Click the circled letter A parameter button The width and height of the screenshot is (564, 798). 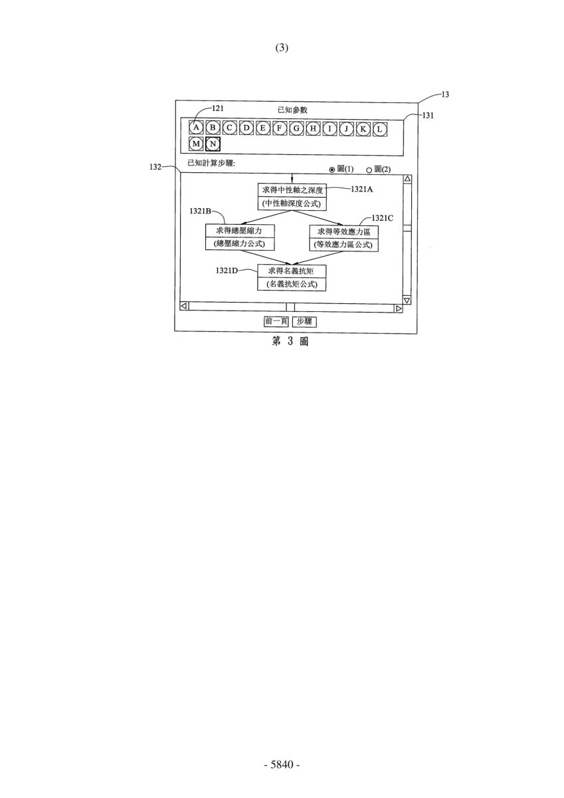(x=196, y=128)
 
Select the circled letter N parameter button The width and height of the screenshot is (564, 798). (x=213, y=144)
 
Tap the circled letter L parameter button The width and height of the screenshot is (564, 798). (x=380, y=129)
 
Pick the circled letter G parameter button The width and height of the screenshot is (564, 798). (x=296, y=128)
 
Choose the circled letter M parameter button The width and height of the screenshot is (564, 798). (x=196, y=144)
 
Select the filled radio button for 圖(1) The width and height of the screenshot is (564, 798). (x=332, y=170)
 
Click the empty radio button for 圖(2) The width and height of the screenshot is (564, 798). (x=369, y=170)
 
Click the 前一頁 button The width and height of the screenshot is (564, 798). (x=276, y=321)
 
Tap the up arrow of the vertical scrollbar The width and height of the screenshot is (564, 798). (x=407, y=178)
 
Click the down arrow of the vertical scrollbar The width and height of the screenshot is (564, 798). (x=407, y=301)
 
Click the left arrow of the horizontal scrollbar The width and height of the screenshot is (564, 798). (x=184, y=306)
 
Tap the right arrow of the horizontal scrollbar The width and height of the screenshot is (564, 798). (x=399, y=309)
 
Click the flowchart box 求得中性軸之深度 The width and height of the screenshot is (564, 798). (x=292, y=190)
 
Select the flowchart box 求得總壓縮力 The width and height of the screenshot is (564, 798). (x=240, y=231)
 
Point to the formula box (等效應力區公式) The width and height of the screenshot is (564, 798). (x=343, y=245)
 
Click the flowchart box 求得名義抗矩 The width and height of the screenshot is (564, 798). (x=292, y=271)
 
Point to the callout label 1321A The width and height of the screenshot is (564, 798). (x=362, y=190)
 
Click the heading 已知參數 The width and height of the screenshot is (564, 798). (x=292, y=110)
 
